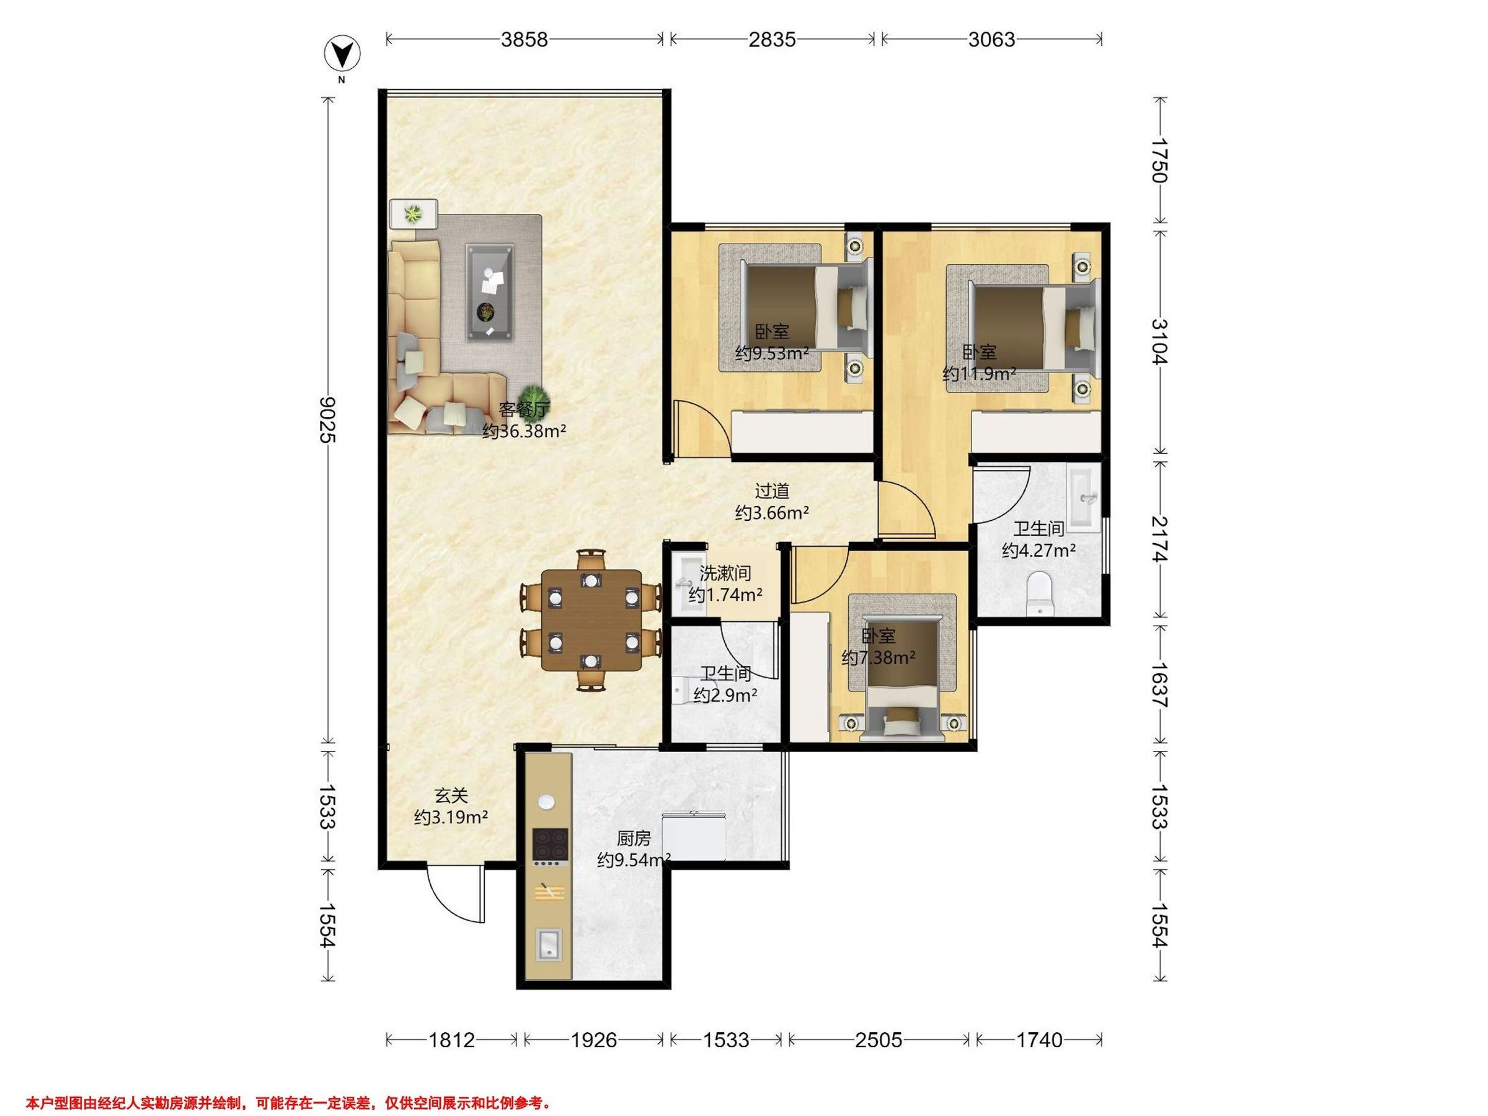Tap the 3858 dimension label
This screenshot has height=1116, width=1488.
[x=524, y=40]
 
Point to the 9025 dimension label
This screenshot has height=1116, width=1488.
[x=327, y=420]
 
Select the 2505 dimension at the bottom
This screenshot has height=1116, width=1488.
[x=879, y=1040]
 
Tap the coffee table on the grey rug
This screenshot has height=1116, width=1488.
[x=490, y=293]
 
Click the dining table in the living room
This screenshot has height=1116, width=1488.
[x=592, y=620]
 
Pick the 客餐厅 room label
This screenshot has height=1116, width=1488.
[x=524, y=409]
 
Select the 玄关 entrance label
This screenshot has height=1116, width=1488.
[x=451, y=796]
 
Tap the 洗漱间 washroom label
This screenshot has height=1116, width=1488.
[x=725, y=573]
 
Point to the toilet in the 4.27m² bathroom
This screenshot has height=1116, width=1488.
[x=1039, y=593]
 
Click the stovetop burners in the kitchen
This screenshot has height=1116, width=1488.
[x=551, y=846]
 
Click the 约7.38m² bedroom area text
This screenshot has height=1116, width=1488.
[x=878, y=658]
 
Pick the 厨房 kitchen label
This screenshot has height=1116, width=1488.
[x=634, y=839]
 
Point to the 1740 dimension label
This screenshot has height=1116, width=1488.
[x=1039, y=1040]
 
